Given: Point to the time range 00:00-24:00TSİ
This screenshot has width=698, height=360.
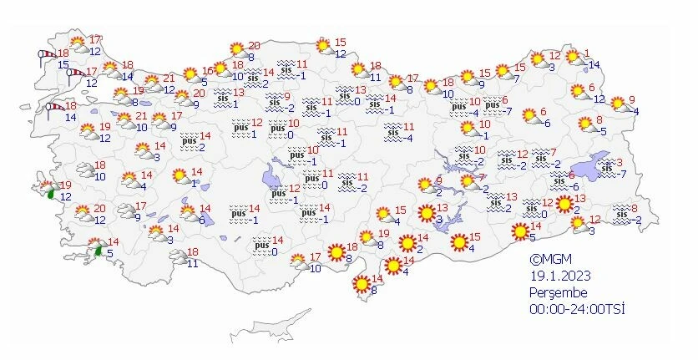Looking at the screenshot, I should [576, 309].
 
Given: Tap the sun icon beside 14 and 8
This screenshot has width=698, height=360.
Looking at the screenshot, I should [362, 284].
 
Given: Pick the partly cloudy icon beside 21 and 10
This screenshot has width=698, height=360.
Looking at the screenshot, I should [126, 121].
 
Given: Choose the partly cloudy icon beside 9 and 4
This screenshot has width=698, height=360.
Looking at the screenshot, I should [620, 104].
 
